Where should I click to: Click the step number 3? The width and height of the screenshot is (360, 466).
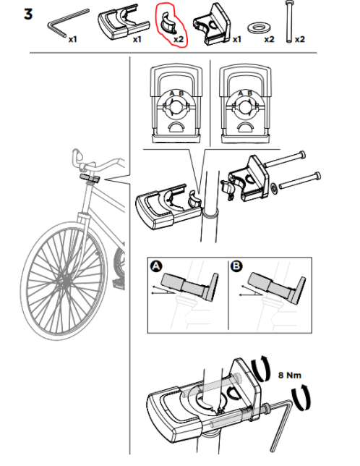tap(28, 14)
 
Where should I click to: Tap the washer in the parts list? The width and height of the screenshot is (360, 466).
tap(259, 28)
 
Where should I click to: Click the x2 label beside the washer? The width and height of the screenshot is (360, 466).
tap(269, 39)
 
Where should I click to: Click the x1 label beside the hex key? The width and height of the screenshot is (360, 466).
tap(73, 39)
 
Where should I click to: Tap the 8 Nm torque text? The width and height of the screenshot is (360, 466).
tap(290, 375)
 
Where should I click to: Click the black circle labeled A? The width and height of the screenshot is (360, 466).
tap(156, 266)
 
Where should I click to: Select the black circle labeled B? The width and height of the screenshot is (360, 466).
tap(236, 266)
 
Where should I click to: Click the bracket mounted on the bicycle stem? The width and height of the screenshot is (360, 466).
tap(90, 178)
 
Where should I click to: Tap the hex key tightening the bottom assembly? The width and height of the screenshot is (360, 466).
tap(280, 422)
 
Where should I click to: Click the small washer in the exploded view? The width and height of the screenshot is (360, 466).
tap(274, 188)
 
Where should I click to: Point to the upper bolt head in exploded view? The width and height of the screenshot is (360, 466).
tap(302, 155)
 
